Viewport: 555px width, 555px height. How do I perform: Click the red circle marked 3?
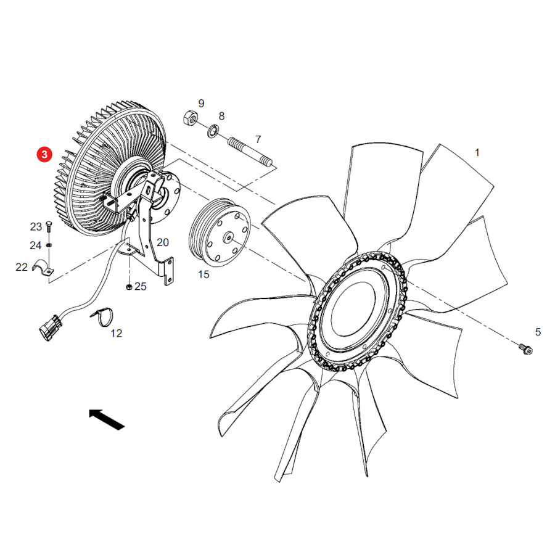(44, 154)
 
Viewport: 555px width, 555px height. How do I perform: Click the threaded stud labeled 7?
(250, 152)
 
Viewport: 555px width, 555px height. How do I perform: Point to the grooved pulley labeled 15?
(220, 232)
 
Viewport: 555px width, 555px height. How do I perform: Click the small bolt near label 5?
(525, 348)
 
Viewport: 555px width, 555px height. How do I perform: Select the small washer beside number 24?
(49, 245)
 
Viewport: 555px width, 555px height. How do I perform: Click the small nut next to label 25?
(129, 286)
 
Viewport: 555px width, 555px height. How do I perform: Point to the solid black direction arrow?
(107, 419)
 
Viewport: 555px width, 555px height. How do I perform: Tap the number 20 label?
(162, 242)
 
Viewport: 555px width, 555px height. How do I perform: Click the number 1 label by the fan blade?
(477, 152)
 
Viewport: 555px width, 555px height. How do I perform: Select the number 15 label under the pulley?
(203, 274)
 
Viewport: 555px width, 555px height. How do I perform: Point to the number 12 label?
(116, 334)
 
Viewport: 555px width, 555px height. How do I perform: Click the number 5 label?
(538, 332)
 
